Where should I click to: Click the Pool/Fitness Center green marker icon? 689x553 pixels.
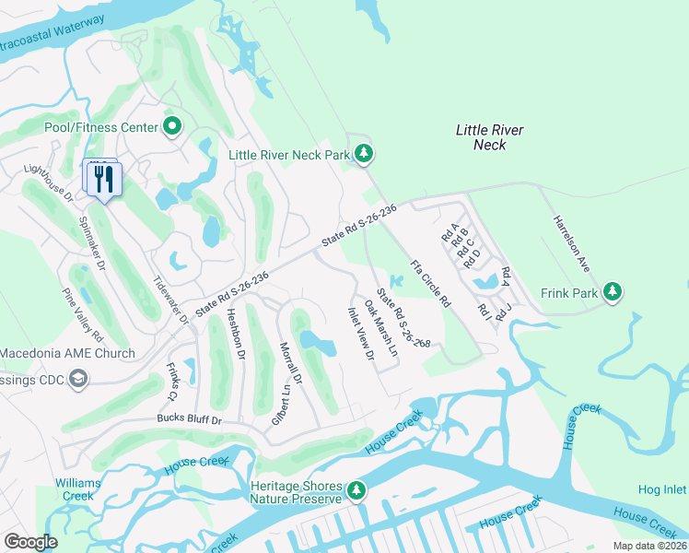pos(172,126)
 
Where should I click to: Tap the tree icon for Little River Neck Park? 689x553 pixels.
pos(364,154)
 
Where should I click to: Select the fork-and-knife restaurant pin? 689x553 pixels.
pos(103,177)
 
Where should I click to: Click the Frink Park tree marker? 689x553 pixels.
pos(613,292)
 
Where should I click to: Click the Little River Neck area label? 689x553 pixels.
pos(489,137)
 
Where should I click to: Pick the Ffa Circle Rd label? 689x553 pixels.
pos(430,283)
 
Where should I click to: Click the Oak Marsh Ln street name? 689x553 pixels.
pos(380,328)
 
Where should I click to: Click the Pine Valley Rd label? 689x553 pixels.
pos(82,314)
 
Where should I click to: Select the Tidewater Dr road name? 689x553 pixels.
pos(169,300)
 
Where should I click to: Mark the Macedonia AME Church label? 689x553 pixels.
pos(67,353)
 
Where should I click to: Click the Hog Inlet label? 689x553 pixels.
pos(662,490)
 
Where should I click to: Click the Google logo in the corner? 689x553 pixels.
pos(31,542)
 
